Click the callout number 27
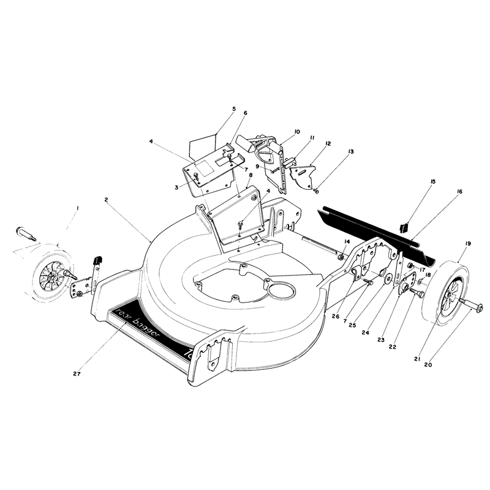point(77,374)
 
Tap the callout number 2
point(106,199)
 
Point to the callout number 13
point(350,151)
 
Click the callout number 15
point(433,181)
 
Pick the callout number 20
point(428,364)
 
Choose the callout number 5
point(234,109)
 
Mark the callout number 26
point(336,316)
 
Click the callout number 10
point(297,132)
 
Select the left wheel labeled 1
point(53,273)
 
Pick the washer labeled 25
point(389,278)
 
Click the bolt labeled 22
point(417,292)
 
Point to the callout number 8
point(251,175)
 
